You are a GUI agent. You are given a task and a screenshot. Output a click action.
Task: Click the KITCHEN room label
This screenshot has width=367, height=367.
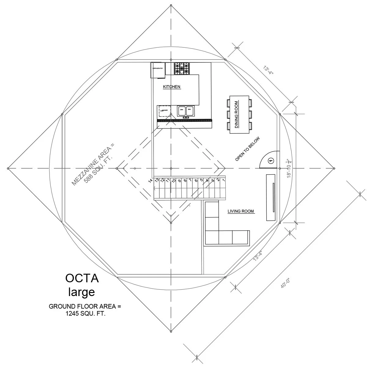click(172, 87)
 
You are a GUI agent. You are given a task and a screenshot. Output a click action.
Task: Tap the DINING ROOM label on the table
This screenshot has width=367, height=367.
click(236, 114)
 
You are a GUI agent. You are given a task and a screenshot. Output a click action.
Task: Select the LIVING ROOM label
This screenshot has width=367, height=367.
click(241, 211)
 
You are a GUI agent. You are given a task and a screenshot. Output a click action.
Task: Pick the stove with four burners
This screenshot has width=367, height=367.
click(182, 69)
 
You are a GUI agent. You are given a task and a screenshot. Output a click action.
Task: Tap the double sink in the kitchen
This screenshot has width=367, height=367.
click(186, 111)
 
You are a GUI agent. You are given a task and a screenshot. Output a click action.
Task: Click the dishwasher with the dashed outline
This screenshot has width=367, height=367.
click(164, 111)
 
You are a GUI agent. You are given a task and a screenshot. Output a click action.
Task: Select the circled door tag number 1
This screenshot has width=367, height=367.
click(271, 160)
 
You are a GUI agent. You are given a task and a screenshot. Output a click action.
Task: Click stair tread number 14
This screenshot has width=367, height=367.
click(150, 181)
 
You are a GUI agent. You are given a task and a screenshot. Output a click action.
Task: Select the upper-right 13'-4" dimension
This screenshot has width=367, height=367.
click(268, 70)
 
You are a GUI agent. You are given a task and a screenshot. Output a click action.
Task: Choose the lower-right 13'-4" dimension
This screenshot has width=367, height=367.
click(258, 255)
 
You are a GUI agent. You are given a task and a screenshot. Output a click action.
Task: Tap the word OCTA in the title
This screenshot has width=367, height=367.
click(82, 278)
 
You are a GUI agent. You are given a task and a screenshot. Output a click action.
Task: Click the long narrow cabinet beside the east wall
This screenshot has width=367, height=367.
click(271, 198)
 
